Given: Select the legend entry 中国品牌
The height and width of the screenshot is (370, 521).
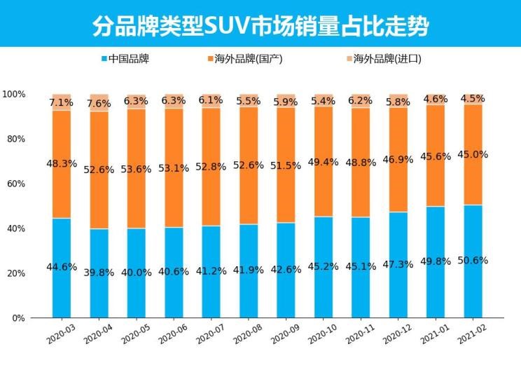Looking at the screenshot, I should pos(129,59).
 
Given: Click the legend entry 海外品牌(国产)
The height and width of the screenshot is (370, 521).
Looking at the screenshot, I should pos(249,59).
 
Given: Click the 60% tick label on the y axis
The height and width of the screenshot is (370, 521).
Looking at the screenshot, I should pos(15,184).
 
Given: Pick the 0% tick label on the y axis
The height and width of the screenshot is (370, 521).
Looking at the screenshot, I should pos(18,318).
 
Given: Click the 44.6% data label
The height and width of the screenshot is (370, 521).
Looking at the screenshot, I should pos(62,266).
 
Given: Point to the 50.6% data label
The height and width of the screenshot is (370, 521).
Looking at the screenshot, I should pos(473,260).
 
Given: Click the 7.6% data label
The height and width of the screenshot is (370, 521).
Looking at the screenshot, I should pos(99,104).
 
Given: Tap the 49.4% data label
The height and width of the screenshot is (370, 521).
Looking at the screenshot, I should pos(324,162).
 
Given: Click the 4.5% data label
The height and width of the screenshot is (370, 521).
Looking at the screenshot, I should pos(473,98).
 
